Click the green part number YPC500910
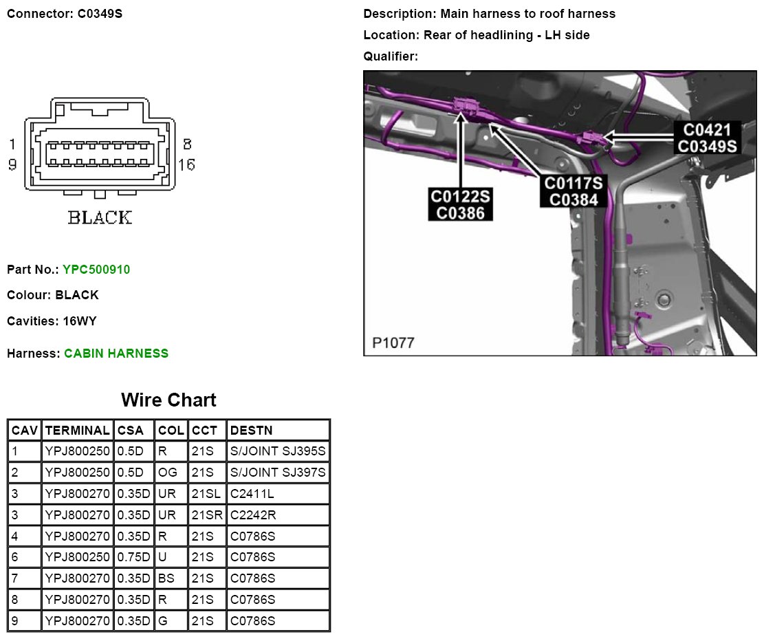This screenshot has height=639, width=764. (x=96, y=270)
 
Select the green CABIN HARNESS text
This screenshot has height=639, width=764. (x=116, y=354)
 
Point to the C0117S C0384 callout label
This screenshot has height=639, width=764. (x=573, y=191)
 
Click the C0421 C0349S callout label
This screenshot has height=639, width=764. (x=707, y=138)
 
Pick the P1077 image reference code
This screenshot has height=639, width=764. (x=393, y=343)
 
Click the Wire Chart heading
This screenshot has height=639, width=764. (x=168, y=400)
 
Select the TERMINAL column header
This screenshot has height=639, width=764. (x=77, y=431)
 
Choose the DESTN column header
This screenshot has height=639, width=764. (x=252, y=431)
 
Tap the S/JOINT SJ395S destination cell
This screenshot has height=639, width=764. (x=278, y=452)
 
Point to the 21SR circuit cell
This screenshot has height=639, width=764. (x=206, y=515)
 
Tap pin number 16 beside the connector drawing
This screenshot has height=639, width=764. (x=186, y=164)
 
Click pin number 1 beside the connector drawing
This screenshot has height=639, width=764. (x=12, y=144)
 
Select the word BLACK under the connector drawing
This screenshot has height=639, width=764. (x=99, y=218)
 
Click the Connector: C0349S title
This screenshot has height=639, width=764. (x=65, y=14)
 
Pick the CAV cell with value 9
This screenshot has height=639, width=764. (x=16, y=621)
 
